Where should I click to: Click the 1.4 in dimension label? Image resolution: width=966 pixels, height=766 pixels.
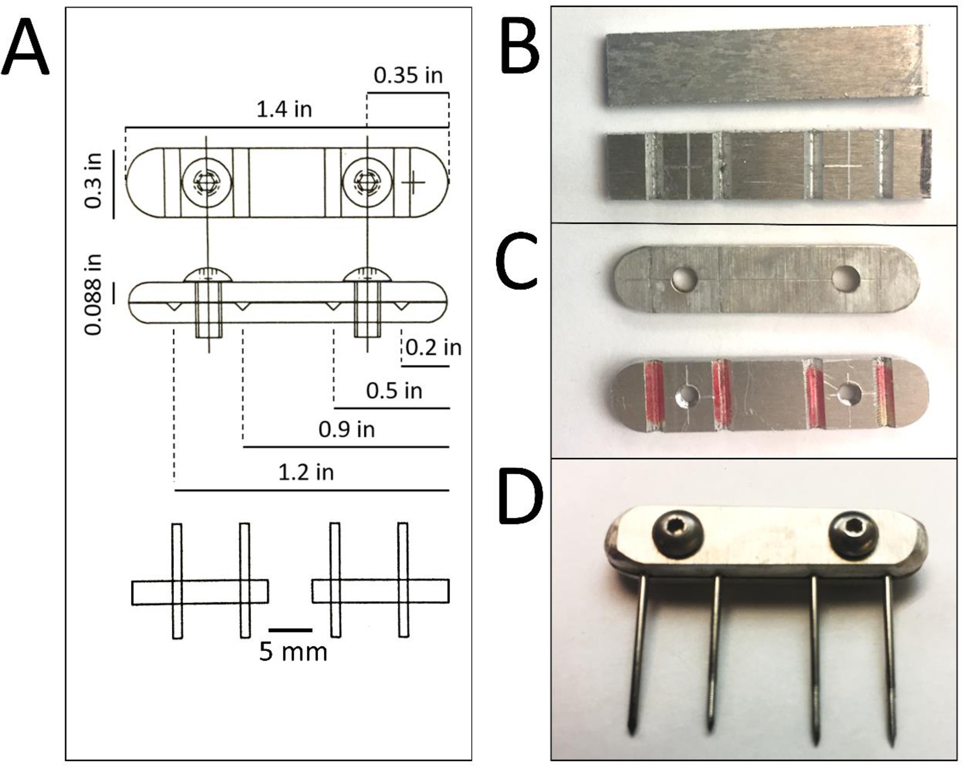[x=284, y=110]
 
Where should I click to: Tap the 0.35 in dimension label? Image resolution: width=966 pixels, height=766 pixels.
[x=408, y=75]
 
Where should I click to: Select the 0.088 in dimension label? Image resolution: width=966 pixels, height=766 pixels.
[x=94, y=294]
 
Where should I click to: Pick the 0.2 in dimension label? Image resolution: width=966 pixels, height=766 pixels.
[x=433, y=348]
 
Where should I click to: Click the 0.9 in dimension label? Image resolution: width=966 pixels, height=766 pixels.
[x=346, y=429]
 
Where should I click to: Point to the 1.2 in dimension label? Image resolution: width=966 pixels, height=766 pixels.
[x=305, y=472]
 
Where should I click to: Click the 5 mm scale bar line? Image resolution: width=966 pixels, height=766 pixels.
[x=290, y=630]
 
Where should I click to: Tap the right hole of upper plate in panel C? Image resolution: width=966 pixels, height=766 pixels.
[x=845, y=279]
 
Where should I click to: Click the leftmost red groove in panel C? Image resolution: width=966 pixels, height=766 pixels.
[x=653, y=394]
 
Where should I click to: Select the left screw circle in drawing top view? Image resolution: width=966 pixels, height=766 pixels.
[x=206, y=182]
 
